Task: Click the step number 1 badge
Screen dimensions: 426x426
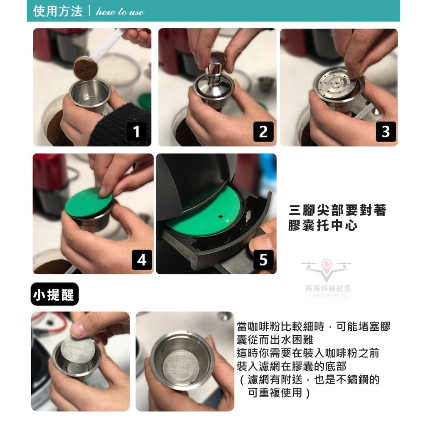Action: tap(137, 131)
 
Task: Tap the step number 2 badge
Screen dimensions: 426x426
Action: tap(263, 131)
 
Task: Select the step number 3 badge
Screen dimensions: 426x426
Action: tap(386, 131)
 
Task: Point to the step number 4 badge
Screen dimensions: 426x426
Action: tap(142, 260)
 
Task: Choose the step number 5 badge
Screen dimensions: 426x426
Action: tap(263, 260)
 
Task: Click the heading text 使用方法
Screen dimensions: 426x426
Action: tap(57, 11)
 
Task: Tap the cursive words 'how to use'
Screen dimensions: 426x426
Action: tap(120, 12)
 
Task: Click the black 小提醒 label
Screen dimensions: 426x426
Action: tap(54, 294)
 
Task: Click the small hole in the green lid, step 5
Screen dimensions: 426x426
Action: tap(220, 216)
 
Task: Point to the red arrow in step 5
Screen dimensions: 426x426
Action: tap(232, 224)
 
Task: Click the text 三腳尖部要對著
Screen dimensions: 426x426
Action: tap(338, 210)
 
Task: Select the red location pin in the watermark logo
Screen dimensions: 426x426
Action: tap(326, 264)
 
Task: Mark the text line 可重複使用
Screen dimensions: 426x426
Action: tap(275, 392)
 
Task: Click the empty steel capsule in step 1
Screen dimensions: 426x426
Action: tap(90, 95)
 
